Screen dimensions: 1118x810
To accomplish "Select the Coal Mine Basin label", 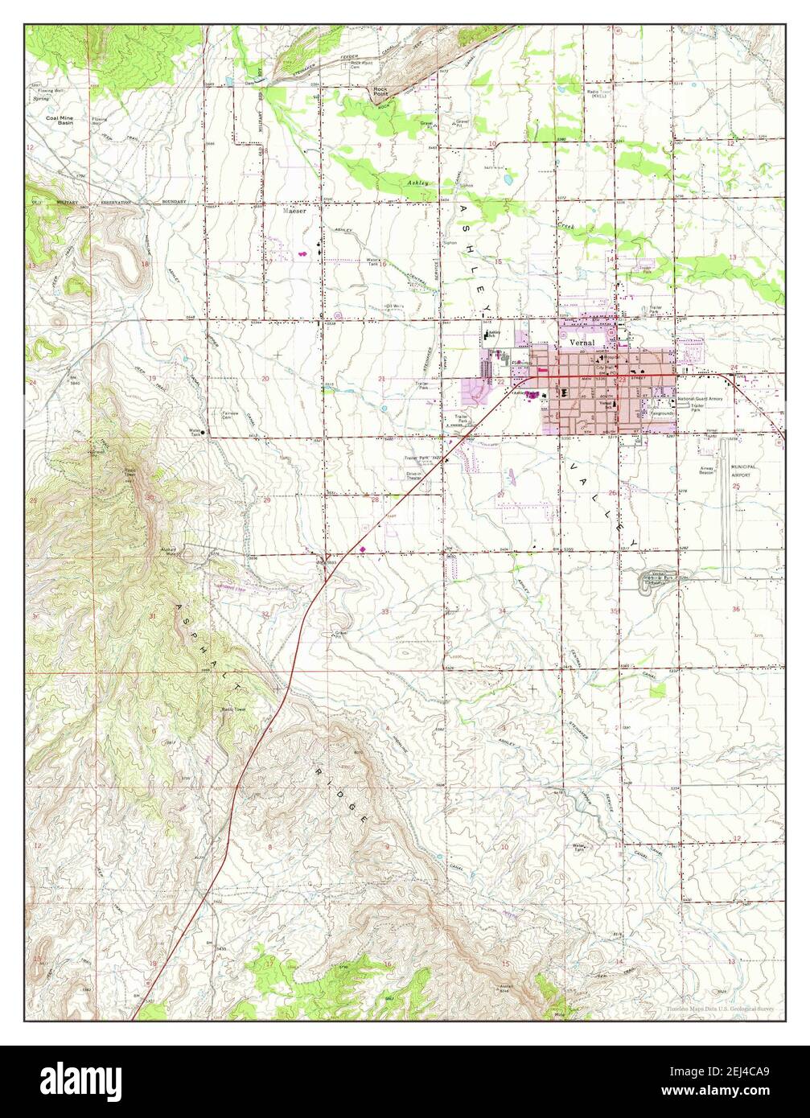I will click(x=60, y=121).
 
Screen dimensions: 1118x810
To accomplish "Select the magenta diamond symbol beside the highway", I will click(x=363, y=550).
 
